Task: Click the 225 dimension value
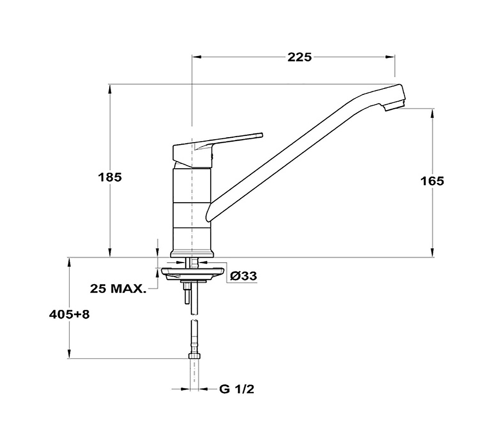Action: point(300,58)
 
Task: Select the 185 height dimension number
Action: point(110,178)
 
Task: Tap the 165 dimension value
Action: point(432,181)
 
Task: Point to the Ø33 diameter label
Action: point(244,276)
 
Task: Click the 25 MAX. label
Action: point(118,289)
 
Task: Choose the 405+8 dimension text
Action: point(69,314)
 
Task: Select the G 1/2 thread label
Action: point(237,389)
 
